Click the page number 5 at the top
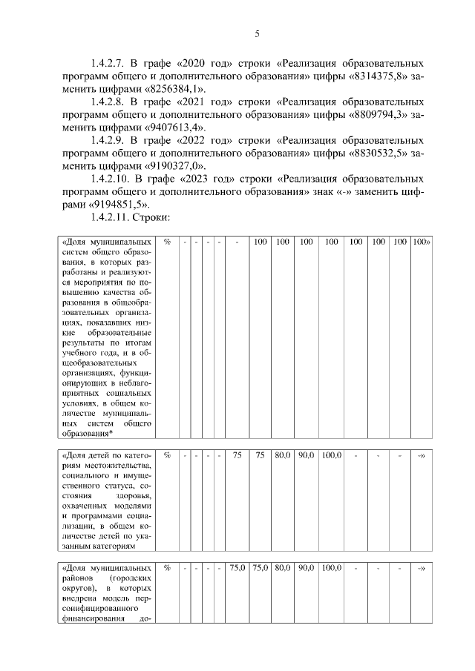pos(257,33)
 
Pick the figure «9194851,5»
pos(119,205)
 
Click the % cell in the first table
pos(167,242)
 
